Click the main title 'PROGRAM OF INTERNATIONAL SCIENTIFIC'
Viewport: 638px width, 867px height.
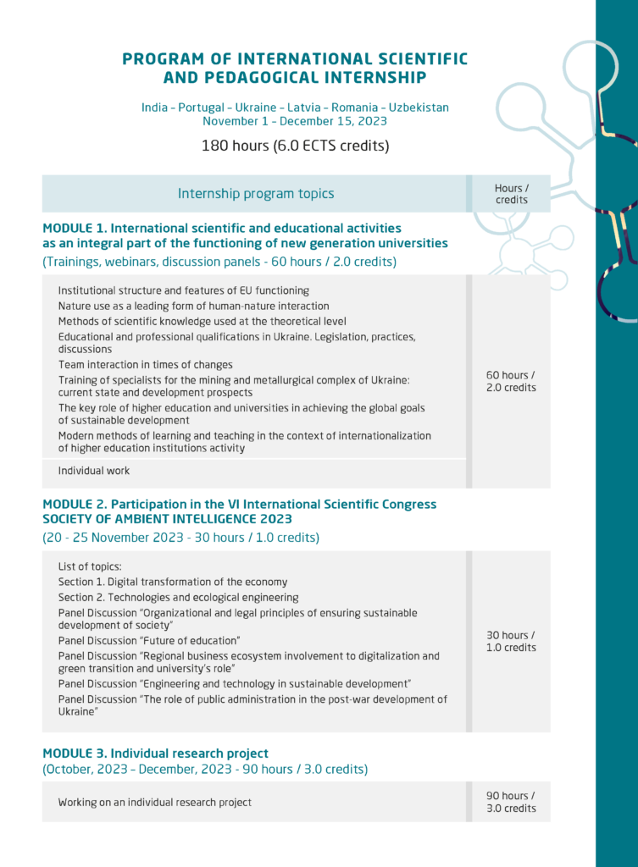pyautogui.click(x=295, y=59)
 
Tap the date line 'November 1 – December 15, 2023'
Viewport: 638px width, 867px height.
pyautogui.click(x=295, y=121)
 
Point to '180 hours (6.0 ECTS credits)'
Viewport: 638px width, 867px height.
pyautogui.click(x=295, y=146)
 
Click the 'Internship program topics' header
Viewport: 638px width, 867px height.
pyautogui.click(x=256, y=194)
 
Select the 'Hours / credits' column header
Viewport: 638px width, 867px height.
pyautogui.click(x=511, y=194)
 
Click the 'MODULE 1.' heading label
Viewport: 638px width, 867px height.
pyautogui.click(x=74, y=228)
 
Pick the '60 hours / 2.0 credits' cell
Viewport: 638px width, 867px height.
pyautogui.click(x=511, y=381)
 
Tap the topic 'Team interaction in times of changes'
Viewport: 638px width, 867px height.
pyautogui.click(x=145, y=365)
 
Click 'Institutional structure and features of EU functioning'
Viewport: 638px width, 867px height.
pyautogui.click(x=183, y=290)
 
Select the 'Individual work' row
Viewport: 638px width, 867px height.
pyautogui.click(x=94, y=470)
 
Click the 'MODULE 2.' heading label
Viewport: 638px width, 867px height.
pyautogui.click(x=74, y=504)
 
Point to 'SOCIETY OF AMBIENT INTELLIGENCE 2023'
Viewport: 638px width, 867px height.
pyautogui.click(x=167, y=519)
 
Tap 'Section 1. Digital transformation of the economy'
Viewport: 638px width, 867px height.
pyautogui.click(x=173, y=582)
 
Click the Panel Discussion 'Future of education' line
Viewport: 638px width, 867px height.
pyautogui.click(x=149, y=640)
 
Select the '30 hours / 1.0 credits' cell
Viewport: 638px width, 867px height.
pyautogui.click(x=511, y=641)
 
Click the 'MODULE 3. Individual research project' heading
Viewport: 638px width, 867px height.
pyautogui.click(x=155, y=753)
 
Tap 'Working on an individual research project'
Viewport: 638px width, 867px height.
pyautogui.click(x=155, y=802)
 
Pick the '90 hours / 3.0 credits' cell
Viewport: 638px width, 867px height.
pyautogui.click(x=511, y=802)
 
